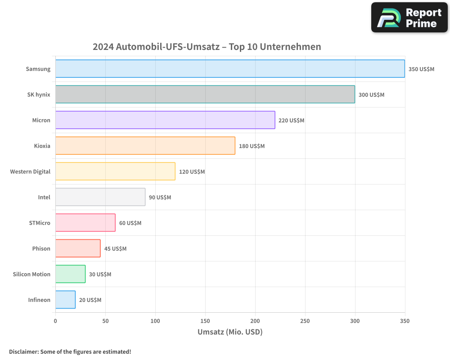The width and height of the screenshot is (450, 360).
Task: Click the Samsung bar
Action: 230,69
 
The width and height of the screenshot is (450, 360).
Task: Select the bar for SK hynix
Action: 205,94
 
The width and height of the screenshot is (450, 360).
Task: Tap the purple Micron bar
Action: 165,120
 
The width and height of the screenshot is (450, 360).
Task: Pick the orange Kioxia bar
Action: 145,146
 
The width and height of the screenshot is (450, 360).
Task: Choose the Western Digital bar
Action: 115,171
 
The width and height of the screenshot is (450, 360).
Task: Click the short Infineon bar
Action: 65,300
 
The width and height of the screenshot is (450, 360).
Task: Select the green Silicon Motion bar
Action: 70,274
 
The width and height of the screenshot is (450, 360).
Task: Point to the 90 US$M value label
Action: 160,198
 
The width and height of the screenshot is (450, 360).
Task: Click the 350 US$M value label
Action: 421,69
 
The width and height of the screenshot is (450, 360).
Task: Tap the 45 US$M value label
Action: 115,249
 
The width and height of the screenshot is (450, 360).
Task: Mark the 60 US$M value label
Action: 130,223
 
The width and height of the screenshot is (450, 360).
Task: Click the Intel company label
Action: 44,197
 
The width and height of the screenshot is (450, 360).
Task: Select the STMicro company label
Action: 40,223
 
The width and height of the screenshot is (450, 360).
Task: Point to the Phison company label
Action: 41,248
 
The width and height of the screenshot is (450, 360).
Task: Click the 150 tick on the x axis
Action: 205,321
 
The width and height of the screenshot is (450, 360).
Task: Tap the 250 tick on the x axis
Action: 305,321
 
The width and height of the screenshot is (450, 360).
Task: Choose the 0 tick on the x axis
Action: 55,321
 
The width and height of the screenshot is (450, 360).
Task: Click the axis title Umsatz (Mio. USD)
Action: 230,332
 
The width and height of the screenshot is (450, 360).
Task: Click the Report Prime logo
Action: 409,18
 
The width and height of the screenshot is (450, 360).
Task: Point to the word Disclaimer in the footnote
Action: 23,351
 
